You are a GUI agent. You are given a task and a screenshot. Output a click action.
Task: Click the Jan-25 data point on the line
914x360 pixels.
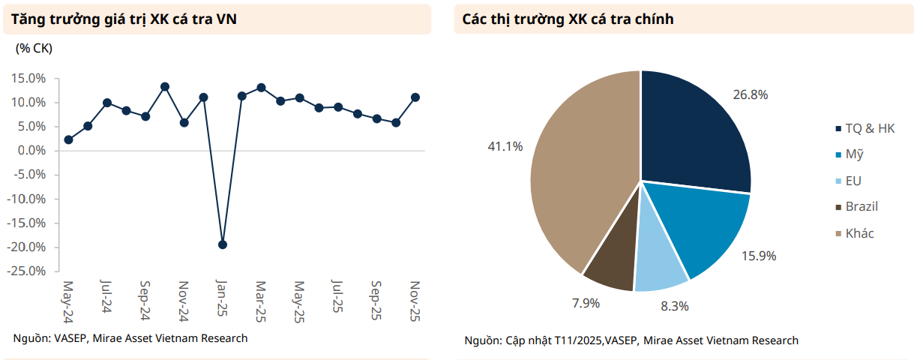click(222, 244)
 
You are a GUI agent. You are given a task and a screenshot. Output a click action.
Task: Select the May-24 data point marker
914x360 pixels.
click(68, 139)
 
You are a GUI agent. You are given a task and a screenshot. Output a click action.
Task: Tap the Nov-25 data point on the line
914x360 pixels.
click(415, 97)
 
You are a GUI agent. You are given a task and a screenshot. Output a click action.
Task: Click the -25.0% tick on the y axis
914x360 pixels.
click(28, 271)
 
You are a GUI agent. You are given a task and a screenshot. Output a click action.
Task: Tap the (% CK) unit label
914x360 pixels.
click(34, 48)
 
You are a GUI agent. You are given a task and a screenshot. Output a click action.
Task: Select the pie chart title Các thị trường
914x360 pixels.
click(568, 19)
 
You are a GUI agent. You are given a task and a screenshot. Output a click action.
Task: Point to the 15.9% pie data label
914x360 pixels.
click(759, 256)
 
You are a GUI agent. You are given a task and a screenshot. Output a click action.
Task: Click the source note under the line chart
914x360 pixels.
click(130, 338)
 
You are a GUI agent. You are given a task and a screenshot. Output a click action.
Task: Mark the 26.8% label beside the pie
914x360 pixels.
click(751, 94)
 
